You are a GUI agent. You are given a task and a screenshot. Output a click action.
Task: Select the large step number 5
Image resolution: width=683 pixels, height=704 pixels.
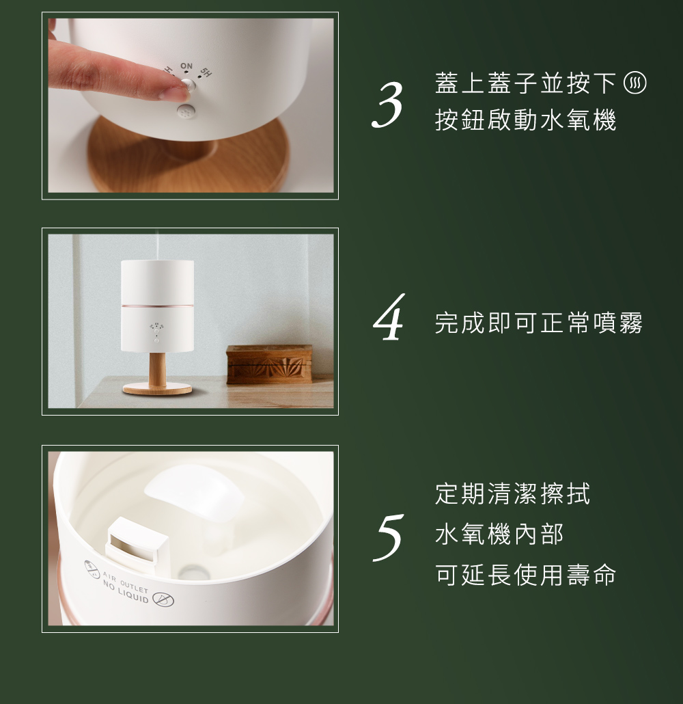(x=387, y=538)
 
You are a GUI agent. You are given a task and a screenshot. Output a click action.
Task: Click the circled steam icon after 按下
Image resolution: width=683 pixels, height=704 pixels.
(x=635, y=85)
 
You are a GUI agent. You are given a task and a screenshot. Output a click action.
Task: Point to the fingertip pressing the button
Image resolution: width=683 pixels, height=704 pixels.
(x=174, y=90)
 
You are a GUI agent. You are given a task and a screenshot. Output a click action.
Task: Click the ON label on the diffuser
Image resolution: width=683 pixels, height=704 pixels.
(x=186, y=66)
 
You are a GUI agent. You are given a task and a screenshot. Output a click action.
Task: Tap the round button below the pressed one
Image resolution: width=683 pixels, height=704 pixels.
(x=184, y=113)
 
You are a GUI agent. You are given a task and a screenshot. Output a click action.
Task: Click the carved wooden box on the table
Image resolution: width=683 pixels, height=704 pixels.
(x=269, y=364)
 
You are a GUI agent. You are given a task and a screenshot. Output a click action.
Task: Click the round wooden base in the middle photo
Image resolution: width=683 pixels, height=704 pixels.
(x=157, y=389)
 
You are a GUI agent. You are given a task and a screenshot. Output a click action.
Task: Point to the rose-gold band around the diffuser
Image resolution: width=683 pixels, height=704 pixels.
(x=157, y=303)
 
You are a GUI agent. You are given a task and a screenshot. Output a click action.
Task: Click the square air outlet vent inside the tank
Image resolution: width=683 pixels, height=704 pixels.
(x=138, y=543)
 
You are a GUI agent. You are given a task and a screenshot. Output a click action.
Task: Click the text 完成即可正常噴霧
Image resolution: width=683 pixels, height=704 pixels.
(x=539, y=323)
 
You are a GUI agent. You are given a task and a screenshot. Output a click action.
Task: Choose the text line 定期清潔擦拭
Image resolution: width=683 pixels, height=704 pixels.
(x=512, y=493)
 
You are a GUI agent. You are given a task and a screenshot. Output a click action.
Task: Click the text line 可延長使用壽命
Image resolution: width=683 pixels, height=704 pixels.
(x=525, y=575)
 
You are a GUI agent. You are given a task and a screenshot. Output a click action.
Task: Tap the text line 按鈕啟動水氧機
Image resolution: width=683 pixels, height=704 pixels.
(x=525, y=120)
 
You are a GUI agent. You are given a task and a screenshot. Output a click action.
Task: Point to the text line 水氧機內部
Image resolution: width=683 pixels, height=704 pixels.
(x=499, y=534)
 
